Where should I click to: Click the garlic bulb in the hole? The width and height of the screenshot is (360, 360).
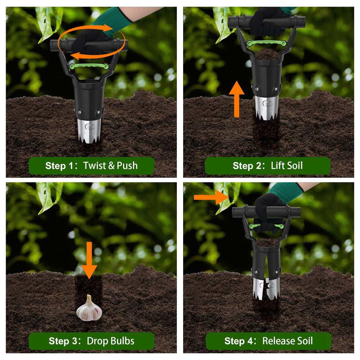[x=89, y=308]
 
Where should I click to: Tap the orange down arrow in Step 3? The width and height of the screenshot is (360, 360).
[x=89, y=260]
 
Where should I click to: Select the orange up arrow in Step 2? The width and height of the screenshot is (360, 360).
[x=237, y=99]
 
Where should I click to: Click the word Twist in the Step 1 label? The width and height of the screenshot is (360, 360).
[x=94, y=166]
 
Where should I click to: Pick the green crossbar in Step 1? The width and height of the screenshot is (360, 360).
[x=89, y=66]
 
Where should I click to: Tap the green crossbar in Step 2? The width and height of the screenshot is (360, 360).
[x=266, y=43]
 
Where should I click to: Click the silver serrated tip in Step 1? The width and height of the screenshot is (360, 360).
[x=89, y=130]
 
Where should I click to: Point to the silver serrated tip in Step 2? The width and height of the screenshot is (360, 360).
[x=266, y=108]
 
